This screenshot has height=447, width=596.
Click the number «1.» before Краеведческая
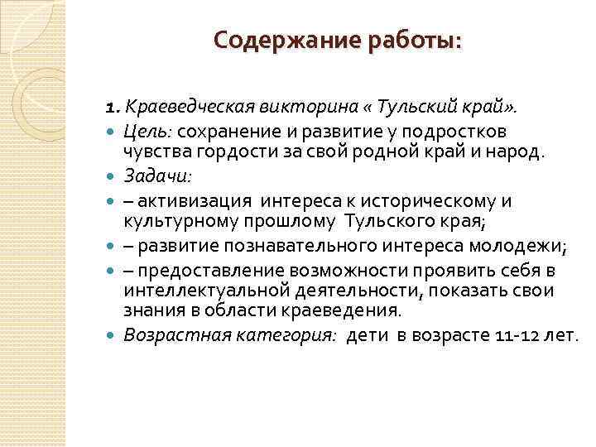[x=113, y=108]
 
